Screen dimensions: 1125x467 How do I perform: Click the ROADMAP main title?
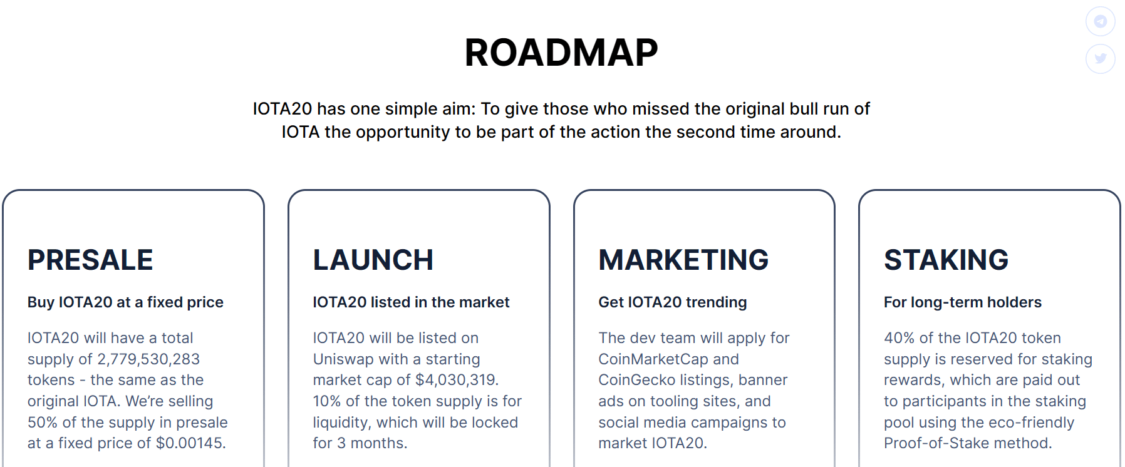tap(561, 53)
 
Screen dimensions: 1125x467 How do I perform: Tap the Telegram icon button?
tap(1101, 21)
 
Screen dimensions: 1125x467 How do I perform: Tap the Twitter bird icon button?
tap(1101, 59)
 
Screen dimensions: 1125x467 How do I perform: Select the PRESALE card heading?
tap(90, 260)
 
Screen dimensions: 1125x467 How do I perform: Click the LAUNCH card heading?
tap(373, 260)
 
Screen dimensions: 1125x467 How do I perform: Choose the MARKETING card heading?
tap(683, 260)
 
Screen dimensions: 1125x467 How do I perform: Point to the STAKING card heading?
tap(946, 260)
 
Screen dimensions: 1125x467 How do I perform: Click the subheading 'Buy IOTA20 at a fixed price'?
tap(125, 302)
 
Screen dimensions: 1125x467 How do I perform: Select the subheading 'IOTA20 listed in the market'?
tap(411, 302)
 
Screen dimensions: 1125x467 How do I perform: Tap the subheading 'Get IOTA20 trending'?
tap(673, 302)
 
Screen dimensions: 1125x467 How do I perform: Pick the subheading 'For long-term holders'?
tap(963, 302)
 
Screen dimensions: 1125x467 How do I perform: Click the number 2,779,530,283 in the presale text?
tap(148, 359)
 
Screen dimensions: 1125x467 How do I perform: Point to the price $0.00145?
tap(191, 443)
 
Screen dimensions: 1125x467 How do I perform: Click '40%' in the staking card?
tap(899, 338)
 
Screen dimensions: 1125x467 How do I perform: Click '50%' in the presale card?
tap(43, 423)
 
